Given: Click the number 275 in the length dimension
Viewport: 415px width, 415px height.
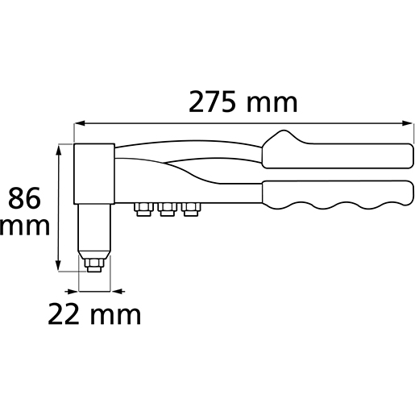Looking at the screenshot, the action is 212,102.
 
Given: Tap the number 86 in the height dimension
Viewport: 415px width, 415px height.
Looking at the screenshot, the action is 24,198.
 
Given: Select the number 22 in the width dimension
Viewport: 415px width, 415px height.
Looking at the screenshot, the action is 64,313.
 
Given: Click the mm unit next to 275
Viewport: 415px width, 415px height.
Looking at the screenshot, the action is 272,103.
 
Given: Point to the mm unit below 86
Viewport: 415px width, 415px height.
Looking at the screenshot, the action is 25,227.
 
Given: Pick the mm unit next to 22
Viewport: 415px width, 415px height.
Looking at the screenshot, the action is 115,316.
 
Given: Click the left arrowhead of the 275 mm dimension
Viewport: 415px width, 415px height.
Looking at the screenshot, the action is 80,123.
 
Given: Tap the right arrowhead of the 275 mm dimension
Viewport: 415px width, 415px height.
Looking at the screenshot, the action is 407,123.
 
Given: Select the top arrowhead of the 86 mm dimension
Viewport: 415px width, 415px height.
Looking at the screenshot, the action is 58,150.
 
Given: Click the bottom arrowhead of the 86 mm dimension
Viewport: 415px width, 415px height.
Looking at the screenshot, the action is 58,265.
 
